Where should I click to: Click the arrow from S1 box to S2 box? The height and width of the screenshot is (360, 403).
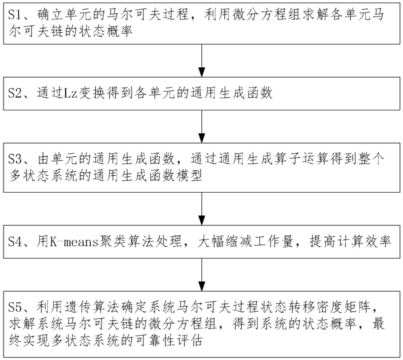pyautogui.click(x=202, y=60)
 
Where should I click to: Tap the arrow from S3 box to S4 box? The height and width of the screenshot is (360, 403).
pyautogui.click(x=202, y=208)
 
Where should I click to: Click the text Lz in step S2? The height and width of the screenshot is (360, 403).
pyautogui.click(x=71, y=93)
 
